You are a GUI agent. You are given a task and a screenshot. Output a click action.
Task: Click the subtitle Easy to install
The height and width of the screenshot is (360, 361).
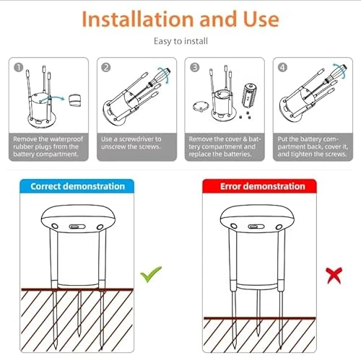tap(180, 41)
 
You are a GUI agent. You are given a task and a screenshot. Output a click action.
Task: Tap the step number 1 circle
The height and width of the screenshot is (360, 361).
tap(18, 68)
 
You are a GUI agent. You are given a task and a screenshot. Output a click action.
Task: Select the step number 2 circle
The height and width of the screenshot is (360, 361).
tap(105, 68)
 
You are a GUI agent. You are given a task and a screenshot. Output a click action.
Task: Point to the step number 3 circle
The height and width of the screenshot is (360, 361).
tap(193, 68)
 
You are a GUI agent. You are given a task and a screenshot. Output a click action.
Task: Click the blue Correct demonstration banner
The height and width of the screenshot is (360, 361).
tap(77, 186)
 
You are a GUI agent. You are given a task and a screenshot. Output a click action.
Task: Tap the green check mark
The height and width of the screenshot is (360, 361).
tap(151, 273)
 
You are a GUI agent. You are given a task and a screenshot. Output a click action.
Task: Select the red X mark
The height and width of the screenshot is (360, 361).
tap(333, 274)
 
